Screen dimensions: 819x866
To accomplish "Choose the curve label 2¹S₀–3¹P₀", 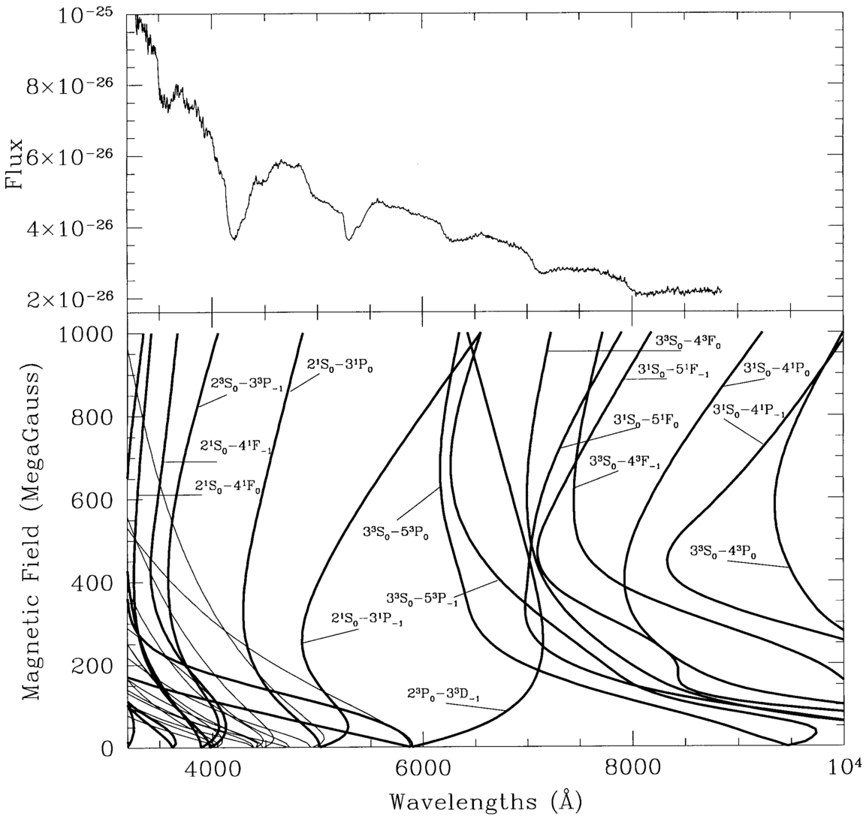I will tap(340, 365).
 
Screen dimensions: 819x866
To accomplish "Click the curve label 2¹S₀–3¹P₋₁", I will tap(366, 621).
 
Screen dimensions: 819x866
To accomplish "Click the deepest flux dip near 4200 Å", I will tap(234, 239).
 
